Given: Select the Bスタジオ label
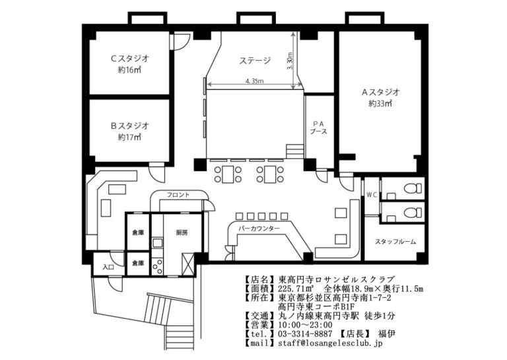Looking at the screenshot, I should click(129, 124).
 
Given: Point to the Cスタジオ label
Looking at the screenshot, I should click(129, 58).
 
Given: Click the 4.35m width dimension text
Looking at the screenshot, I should click(253, 81).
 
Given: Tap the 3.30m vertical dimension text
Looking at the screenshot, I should click(290, 61).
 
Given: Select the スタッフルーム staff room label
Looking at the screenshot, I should click(395, 242).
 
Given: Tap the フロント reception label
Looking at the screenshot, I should click(178, 195).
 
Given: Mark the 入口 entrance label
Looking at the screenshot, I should click(108, 267).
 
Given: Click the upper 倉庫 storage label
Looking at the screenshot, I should click(137, 233).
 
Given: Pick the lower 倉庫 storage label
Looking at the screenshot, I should click(137, 263).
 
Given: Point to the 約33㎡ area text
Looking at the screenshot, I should click(381, 104).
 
